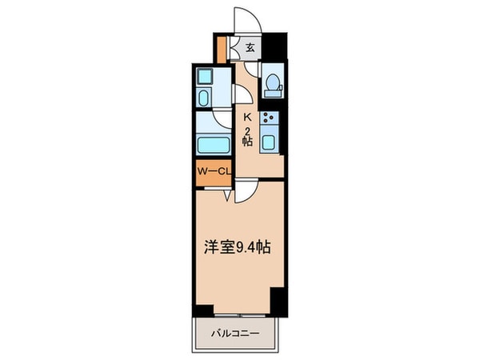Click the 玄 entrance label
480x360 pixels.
(x=250, y=48)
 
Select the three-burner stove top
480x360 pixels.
(x=270, y=122)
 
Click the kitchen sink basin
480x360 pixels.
(x=270, y=144)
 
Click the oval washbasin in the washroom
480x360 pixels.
(x=203, y=99)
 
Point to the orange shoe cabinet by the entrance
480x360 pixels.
(x=222, y=49)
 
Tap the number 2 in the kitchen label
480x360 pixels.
(x=248, y=130)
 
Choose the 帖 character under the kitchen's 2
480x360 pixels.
(x=248, y=142)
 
